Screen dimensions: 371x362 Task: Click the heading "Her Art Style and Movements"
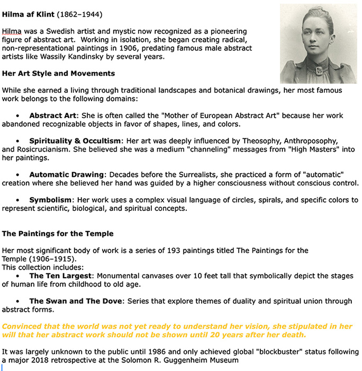[58, 73]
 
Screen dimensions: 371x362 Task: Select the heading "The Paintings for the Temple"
[58, 233]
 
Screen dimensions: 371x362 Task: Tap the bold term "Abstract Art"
[53, 116]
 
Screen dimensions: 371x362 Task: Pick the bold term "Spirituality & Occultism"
[75, 141]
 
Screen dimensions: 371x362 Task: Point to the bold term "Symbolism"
[50, 200]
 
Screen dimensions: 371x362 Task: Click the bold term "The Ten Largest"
[61, 276]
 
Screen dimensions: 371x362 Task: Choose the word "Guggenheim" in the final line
[195, 360]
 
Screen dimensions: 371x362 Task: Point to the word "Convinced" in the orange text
[22, 326]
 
